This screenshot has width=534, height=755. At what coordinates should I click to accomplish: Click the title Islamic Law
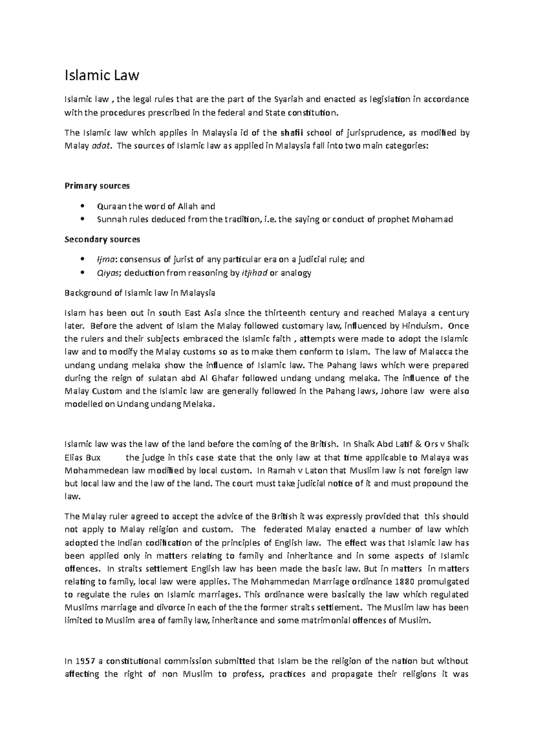pos(102,76)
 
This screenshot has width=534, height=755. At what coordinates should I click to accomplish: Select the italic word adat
pos(100,145)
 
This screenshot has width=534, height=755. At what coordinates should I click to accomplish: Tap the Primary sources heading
pos(97,186)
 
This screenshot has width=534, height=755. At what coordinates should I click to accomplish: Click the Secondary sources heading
pos(102,239)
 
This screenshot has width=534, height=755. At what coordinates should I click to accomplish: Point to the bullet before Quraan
pos(81,206)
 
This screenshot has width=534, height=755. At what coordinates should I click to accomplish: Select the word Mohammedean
pos(91,470)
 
